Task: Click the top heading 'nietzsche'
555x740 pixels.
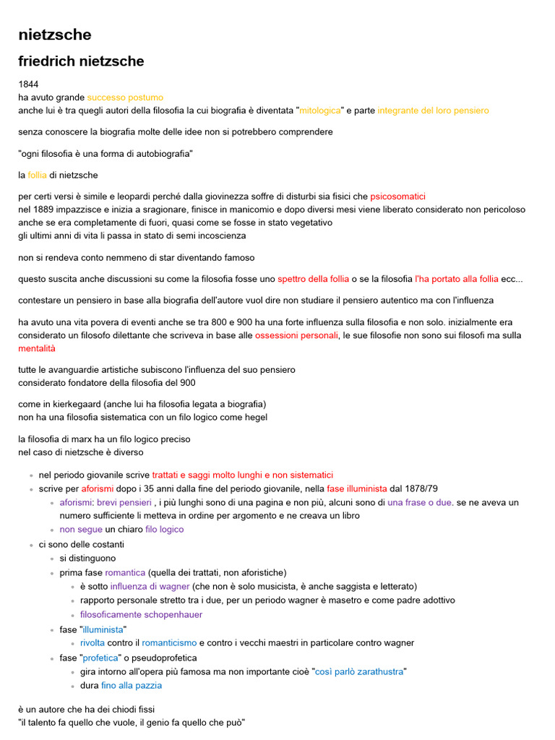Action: pyautogui.click(x=55, y=35)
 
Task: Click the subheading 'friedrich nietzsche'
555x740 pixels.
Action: pyautogui.click(x=81, y=61)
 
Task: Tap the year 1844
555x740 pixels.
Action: pyautogui.click(x=28, y=84)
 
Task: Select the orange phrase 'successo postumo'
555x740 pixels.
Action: pyautogui.click(x=125, y=97)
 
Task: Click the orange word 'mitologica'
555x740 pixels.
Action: pyautogui.click(x=320, y=111)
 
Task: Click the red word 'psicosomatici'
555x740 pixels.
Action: pyautogui.click(x=397, y=197)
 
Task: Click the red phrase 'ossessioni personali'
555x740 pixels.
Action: pyautogui.click(x=296, y=335)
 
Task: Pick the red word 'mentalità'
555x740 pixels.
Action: pyautogui.click(x=36, y=348)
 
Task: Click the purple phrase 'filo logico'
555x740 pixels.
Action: pyautogui.click(x=164, y=529)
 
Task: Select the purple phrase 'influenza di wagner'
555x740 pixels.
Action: pyautogui.click(x=150, y=586)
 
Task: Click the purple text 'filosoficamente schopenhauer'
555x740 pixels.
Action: pyautogui.click(x=141, y=614)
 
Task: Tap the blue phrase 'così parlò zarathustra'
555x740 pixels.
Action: pyautogui.click(x=359, y=671)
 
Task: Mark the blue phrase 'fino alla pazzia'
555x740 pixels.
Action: pyautogui.click(x=131, y=685)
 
